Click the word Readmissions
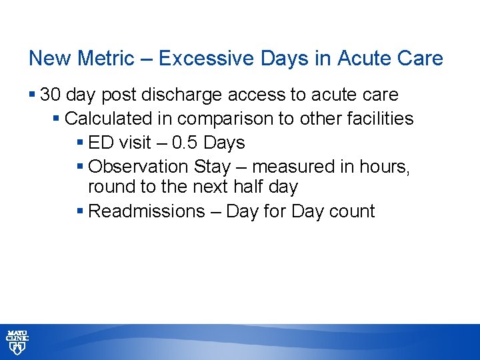(x=145, y=211)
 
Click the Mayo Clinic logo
(x=17, y=341)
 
